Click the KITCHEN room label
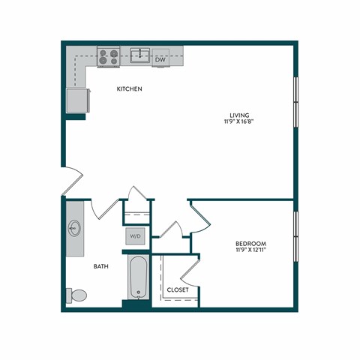(129, 89)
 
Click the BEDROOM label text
(250, 244)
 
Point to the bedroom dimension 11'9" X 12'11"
(250, 250)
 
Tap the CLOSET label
(178, 289)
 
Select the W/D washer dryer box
(136, 235)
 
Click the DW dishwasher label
(160, 58)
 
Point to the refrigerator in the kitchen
(77, 99)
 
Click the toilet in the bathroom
(76, 295)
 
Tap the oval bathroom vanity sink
(74, 228)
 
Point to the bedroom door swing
(200, 217)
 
